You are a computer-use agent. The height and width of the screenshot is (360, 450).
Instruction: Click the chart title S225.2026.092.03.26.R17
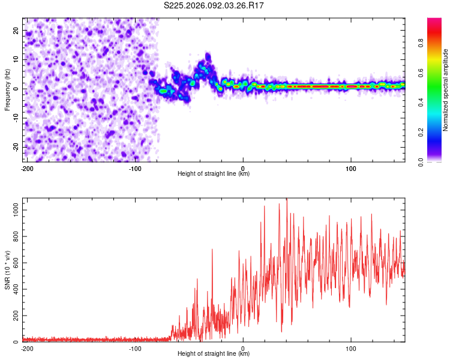(214, 5)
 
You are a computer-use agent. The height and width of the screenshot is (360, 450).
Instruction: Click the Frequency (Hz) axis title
(7, 89)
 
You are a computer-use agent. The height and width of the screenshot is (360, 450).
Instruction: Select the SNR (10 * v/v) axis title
(7, 269)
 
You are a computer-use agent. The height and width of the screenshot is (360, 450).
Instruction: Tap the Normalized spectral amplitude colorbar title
(446, 90)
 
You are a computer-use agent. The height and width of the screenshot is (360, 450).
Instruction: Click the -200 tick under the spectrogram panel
(27, 168)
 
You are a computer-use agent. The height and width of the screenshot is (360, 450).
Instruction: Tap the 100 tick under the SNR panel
(350, 348)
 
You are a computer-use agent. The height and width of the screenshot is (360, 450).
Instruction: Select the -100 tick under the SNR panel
(135, 348)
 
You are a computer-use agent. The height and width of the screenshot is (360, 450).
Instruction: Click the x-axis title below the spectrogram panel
(214, 174)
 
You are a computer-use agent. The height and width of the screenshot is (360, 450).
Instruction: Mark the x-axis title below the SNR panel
(214, 354)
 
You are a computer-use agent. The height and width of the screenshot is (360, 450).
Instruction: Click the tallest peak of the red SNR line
(287, 199)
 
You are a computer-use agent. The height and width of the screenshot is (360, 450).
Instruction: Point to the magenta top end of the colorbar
(434, 21)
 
